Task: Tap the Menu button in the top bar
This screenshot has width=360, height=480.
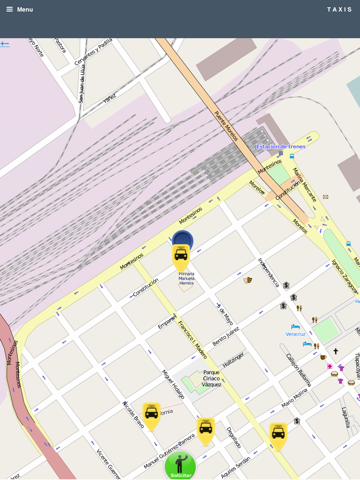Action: [19, 9]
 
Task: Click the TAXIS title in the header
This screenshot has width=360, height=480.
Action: [339, 9]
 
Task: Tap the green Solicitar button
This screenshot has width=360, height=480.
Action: [180, 466]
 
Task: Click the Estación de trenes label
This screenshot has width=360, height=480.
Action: [280, 146]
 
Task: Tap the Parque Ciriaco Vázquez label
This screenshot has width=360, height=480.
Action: [212, 377]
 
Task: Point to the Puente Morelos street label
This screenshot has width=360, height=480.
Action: [227, 126]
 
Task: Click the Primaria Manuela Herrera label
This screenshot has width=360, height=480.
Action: [187, 278]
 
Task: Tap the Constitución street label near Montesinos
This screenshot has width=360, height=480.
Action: [145, 284]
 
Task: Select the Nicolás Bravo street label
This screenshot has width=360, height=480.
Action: [134, 414]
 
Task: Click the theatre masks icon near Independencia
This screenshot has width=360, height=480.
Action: [248, 280]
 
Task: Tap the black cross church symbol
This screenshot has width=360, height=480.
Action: [335, 352]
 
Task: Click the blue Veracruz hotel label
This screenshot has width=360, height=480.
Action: [296, 333]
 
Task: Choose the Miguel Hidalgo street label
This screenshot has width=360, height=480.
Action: [173, 383]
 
